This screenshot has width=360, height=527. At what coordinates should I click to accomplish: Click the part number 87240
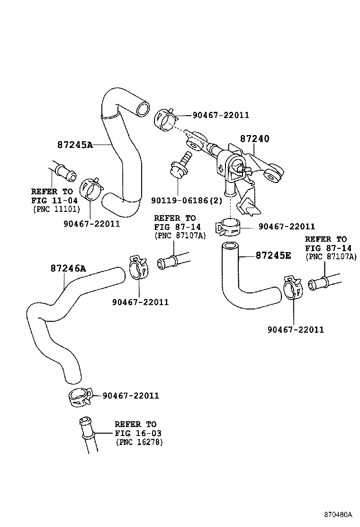[254, 139]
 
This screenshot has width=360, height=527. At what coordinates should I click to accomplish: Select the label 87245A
[75, 145]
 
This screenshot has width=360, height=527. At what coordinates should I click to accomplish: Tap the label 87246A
[68, 268]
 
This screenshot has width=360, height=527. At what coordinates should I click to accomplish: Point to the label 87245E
[273, 255]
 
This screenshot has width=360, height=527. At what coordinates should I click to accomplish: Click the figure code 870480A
[338, 514]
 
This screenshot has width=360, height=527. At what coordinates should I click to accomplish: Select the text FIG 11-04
[52, 200]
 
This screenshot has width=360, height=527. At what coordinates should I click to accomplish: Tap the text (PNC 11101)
[56, 209]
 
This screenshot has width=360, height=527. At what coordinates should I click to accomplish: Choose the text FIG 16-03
[135, 433]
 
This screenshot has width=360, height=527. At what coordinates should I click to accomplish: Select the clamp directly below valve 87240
[229, 227]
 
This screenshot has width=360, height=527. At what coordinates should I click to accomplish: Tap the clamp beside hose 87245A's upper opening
[165, 119]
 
